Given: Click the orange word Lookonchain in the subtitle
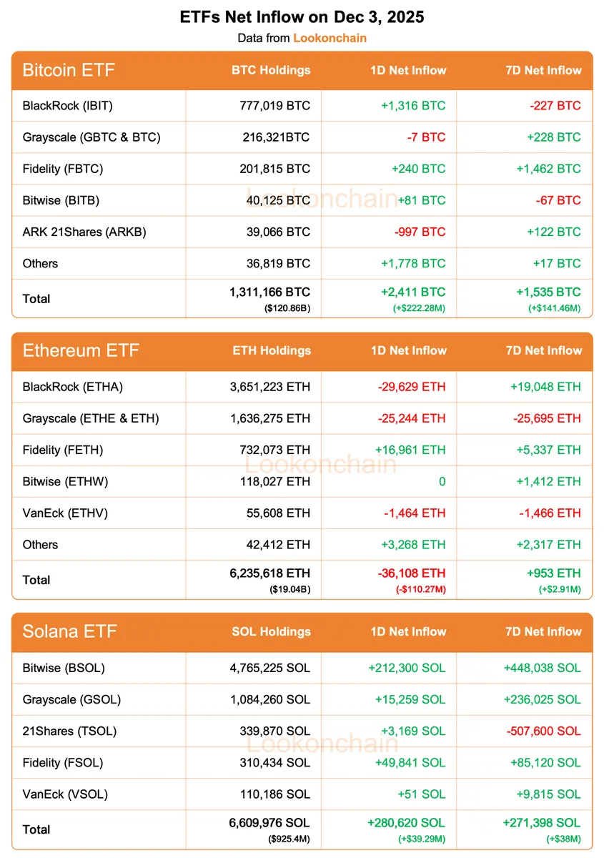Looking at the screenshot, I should [x=330, y=38].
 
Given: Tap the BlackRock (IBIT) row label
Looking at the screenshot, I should [x=68, y=106].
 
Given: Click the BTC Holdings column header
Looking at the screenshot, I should [x=271, y=70].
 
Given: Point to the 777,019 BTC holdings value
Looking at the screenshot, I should [x=275, y=106].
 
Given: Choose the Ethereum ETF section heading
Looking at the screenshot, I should [x=81, y=350].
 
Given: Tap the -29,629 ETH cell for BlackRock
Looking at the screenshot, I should [x=411, y=387].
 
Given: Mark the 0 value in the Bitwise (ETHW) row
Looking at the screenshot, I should [x=442, y=481].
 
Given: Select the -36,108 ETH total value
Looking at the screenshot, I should [x=411, y=573].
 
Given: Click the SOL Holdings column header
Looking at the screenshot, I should [x=272, y=632].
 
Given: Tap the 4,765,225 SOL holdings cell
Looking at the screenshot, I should [x=269, y=668].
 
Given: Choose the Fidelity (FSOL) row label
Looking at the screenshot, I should [x=63, y=762].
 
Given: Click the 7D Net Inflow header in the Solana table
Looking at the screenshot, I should [x=544, y=632].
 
